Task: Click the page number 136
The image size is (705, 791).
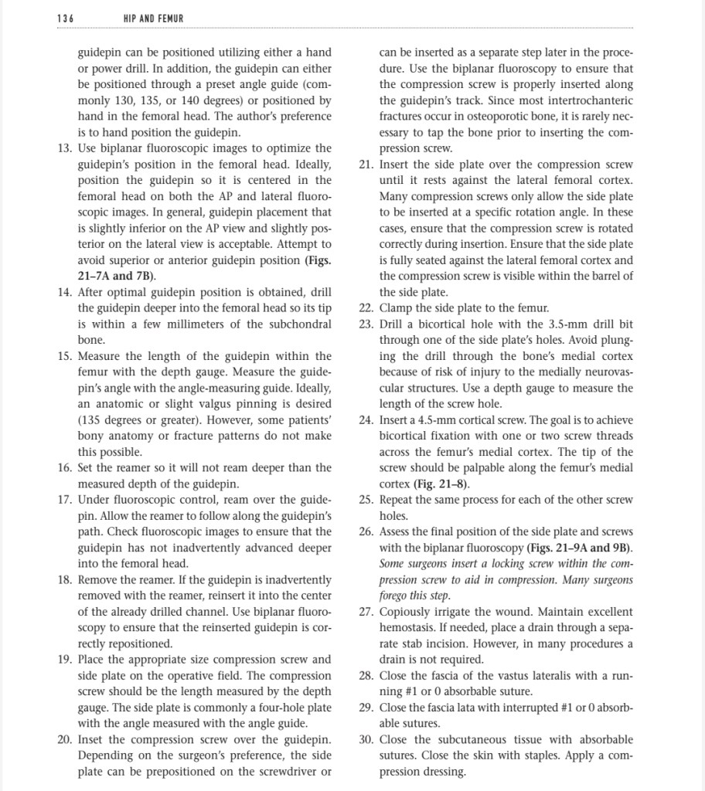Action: (67, 17)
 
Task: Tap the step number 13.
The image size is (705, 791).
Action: (65, 148)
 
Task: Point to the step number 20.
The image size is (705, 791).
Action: (65, 739)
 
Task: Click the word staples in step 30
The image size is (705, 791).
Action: (517, 755)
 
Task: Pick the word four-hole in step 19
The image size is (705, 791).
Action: (268, 708)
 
